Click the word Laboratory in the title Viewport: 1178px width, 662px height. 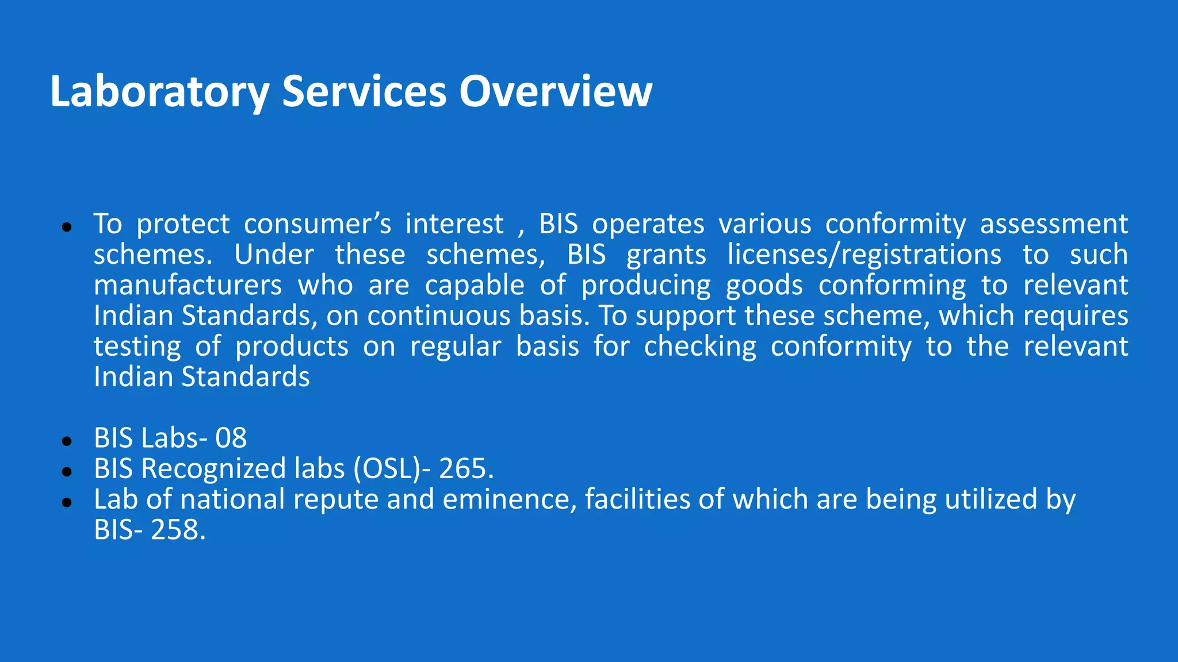pos(159,92)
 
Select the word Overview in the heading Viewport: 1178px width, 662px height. pos(555,92)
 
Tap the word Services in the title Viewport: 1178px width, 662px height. pos(364,92)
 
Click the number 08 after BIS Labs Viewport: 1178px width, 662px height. pos(231,438)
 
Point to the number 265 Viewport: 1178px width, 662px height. pos(463,469)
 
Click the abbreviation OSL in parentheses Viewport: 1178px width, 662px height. pos(389,469)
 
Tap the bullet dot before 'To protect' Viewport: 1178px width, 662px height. pos(67,228)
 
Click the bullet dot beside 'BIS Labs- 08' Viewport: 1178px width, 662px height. pos(67,441)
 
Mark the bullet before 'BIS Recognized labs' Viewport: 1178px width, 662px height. pos(67,472)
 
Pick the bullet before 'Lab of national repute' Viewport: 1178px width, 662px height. pos(67,502)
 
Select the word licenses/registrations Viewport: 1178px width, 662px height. pos(864,255)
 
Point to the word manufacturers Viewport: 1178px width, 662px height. pos(188,286)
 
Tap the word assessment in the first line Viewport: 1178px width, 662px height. pos(1054,224)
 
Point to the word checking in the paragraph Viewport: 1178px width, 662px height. pos(700,347)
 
